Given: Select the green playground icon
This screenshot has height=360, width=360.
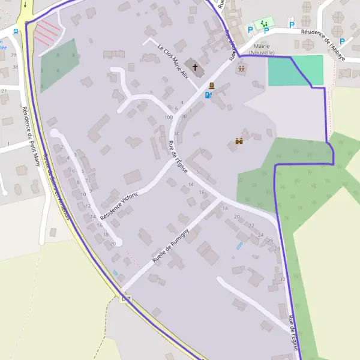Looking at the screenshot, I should click(x=263, y=23).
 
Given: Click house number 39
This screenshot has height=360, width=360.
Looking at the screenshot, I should click(x=14, y=55).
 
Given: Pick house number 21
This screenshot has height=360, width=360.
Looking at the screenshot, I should click(x=4, y=91).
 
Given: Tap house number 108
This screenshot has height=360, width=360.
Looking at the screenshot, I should click(x=169, y=117).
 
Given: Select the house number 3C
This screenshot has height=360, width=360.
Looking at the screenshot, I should click(x=176, y=133).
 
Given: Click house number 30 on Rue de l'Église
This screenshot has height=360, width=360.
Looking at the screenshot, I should click(x=282, y=279).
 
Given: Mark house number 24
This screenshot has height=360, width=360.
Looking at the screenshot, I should click(x=260, y=235).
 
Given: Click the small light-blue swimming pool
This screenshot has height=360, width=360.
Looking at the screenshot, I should click(x=239, y=246).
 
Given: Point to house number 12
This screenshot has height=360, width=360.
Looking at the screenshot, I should click(x=88, y=206).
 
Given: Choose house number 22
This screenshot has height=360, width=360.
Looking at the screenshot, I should click(x=251, y=226).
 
